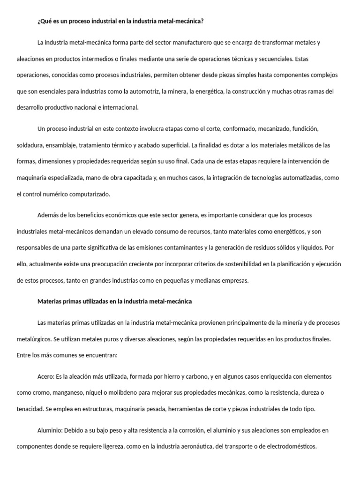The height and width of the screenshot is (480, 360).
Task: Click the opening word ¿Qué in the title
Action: (x=44, y=21)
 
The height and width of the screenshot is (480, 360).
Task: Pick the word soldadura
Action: (x=30, y=145)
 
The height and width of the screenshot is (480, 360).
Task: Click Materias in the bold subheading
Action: (x=50, y=302)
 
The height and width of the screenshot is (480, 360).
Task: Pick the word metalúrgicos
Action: (x=33, y=339)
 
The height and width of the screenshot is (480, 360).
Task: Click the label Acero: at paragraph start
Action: (x=46, y=376)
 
